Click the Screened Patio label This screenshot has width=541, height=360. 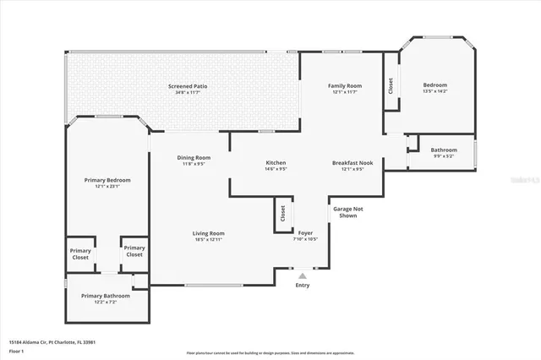[x=183, y=86]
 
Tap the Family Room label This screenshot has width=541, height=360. [x=345, y=85]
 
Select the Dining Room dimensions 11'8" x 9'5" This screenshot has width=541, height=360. [x=194, y=164]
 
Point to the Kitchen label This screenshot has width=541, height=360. [x=276, y=162]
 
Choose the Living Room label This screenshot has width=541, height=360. [x=208, y=233]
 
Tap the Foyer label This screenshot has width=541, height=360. [x=305, y=233]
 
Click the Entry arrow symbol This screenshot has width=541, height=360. [x=303, y=274]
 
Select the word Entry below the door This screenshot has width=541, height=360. [x=303, y=285]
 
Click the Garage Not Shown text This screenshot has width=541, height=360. [x=347, y=210]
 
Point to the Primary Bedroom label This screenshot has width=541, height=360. [x=101, y=180]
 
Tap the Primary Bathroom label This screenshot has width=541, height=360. [x=106, y=296]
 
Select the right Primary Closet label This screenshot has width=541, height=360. [x=134, y=251]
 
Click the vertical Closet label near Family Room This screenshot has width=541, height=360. [x=391, y=85]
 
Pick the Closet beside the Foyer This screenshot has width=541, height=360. [x=282, y=213]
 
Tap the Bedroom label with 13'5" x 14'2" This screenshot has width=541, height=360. [x=435, y=85]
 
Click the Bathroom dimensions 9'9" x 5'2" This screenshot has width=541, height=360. [x=444, y=155]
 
